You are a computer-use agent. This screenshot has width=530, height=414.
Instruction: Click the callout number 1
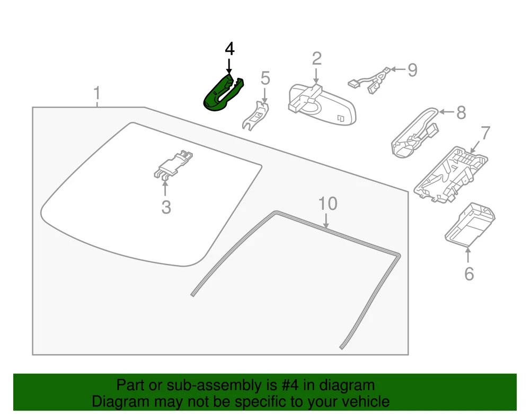point(96,94)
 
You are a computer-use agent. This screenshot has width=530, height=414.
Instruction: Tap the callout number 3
point(166,207)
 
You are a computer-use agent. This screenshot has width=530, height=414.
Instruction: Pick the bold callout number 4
point(229,49)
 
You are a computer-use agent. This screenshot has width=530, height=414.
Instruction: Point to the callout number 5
point(265,78)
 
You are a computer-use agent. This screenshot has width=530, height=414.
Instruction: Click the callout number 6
point(469,274)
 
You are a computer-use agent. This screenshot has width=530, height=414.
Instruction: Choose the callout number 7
point(485,133)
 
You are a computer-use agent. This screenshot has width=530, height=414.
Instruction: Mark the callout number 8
point(461,112)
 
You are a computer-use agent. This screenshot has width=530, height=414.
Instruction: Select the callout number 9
point(412,69)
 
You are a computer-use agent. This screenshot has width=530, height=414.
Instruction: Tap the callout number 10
point(328,204)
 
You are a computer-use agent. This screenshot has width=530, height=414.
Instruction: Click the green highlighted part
point(220,95)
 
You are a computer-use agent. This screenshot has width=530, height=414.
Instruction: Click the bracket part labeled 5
point(256,116)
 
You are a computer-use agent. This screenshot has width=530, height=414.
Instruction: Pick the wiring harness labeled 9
point(371,80)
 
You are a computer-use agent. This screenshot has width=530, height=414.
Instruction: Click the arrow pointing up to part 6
point(468,256)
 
